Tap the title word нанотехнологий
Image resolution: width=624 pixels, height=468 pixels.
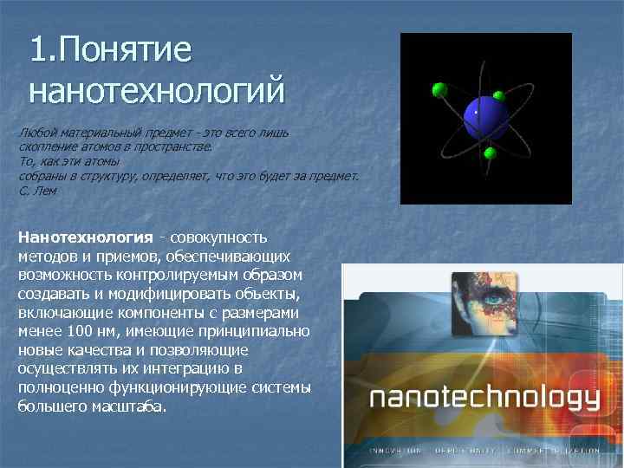tap(157, 88)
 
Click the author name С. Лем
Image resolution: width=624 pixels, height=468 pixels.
tap(37, 190)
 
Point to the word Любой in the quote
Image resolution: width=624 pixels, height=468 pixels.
tap(36, 133)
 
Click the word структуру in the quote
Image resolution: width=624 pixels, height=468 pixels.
tap(102, 176)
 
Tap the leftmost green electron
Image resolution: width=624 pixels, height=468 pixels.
tap(439, 88)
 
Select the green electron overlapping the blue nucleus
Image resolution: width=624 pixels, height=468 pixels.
tap(498, 95)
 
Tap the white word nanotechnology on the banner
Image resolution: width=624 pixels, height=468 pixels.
tap(484, 399)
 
